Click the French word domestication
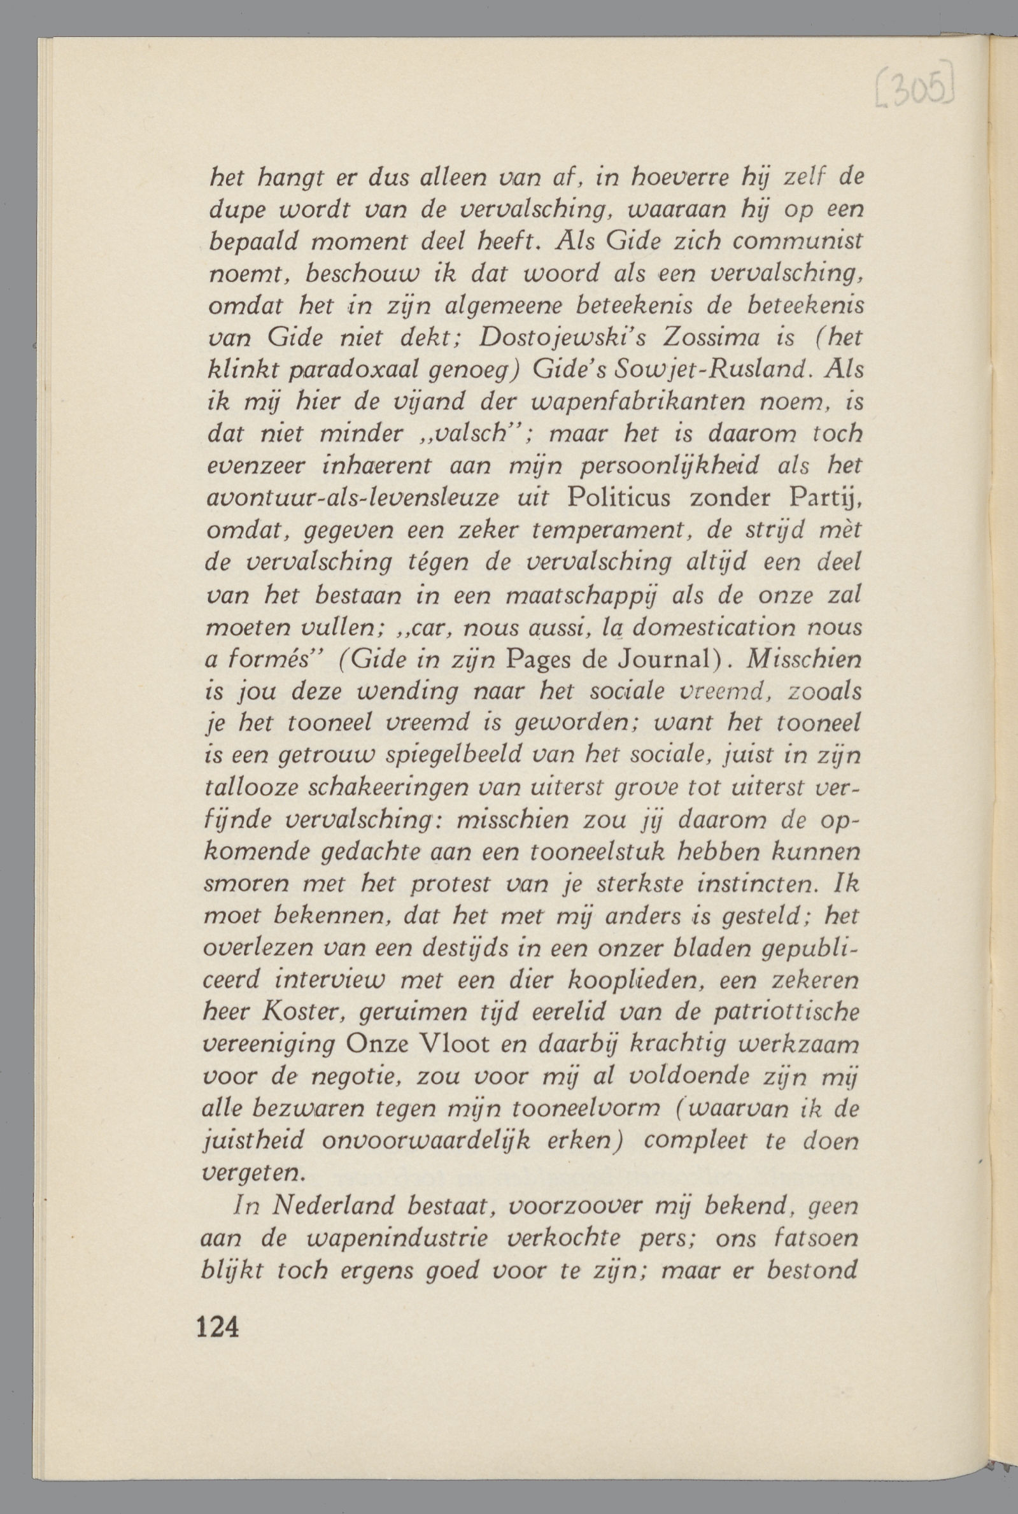coord(721,628)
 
